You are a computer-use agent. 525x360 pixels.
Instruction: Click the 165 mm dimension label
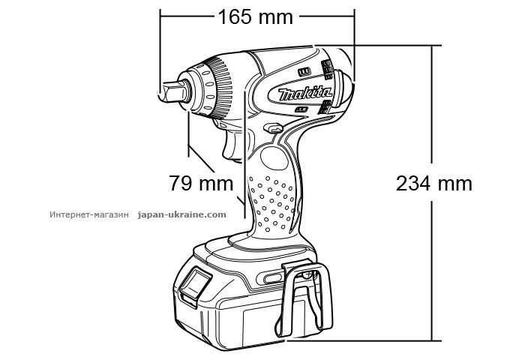(255, 16)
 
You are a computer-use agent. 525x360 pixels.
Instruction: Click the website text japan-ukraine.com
(182, 214)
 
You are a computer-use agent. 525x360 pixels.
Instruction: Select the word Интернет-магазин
(90, 214)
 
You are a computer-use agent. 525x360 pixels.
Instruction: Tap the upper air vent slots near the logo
(327, 68)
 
